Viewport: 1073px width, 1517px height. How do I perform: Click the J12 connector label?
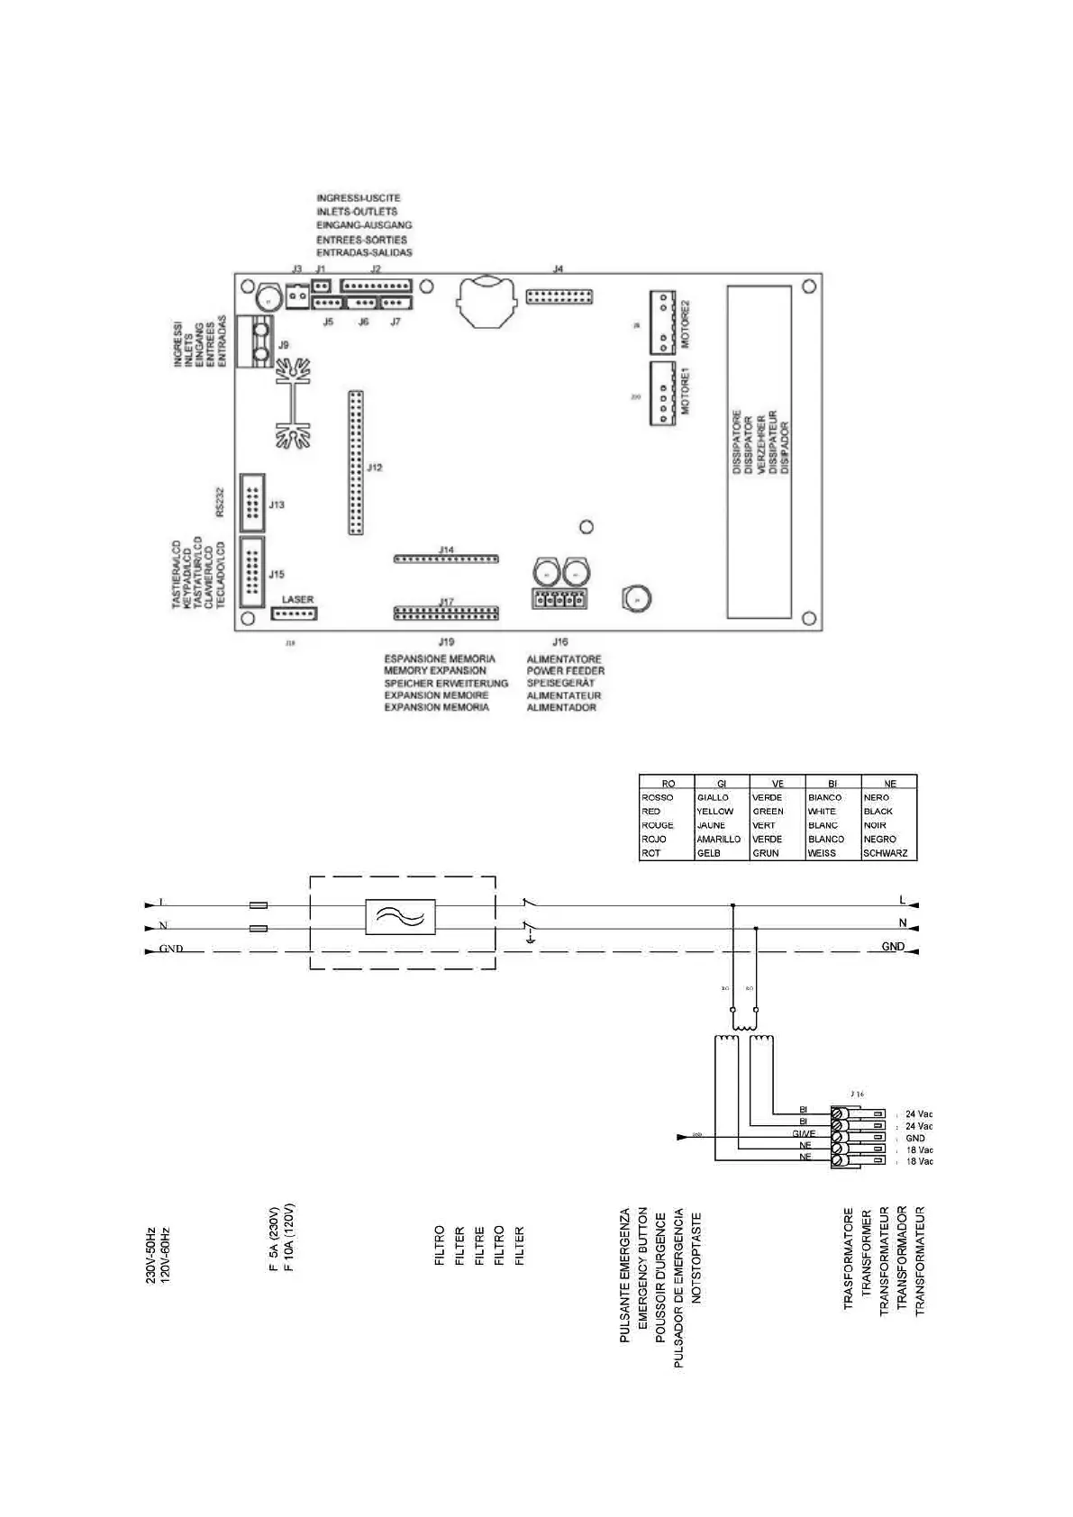[375, 468]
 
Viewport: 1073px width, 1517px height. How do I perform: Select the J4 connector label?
[559, 269]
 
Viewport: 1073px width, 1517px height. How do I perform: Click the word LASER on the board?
[298, 599]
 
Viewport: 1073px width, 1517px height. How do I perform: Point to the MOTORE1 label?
[685, 390]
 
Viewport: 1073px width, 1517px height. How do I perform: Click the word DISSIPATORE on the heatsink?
[737, 442]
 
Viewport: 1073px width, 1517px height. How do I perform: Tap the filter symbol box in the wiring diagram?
[401, 917]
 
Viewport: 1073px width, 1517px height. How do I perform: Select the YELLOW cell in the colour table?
[715, 811]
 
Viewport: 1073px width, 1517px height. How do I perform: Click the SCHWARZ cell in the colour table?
[886, 853]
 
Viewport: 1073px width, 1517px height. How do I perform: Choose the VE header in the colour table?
[777, 784]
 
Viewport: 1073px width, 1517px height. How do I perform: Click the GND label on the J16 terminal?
[915, 1138]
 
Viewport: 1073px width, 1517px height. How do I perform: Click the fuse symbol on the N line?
[258, 927]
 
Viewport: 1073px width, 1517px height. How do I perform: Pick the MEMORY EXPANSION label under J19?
[435, 671]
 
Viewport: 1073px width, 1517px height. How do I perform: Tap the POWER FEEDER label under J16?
[566, 671]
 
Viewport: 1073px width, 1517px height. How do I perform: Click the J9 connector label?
[284, 345]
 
